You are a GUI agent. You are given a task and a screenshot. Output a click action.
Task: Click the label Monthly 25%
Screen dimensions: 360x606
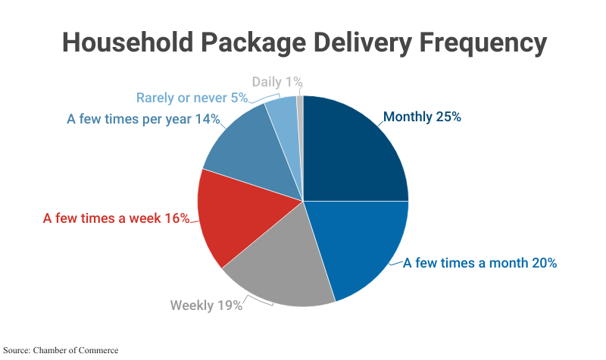click(x=422, y=117)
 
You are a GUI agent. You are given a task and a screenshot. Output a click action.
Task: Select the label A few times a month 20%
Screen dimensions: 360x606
click(x=479, y=264)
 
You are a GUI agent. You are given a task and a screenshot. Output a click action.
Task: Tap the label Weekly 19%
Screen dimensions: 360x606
click(x=206, y=305)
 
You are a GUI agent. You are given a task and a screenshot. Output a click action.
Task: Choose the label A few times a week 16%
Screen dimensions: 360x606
click(x=116, y=218)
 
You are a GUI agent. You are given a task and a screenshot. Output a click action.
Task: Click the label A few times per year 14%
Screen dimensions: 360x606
click(x=143, y=119)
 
